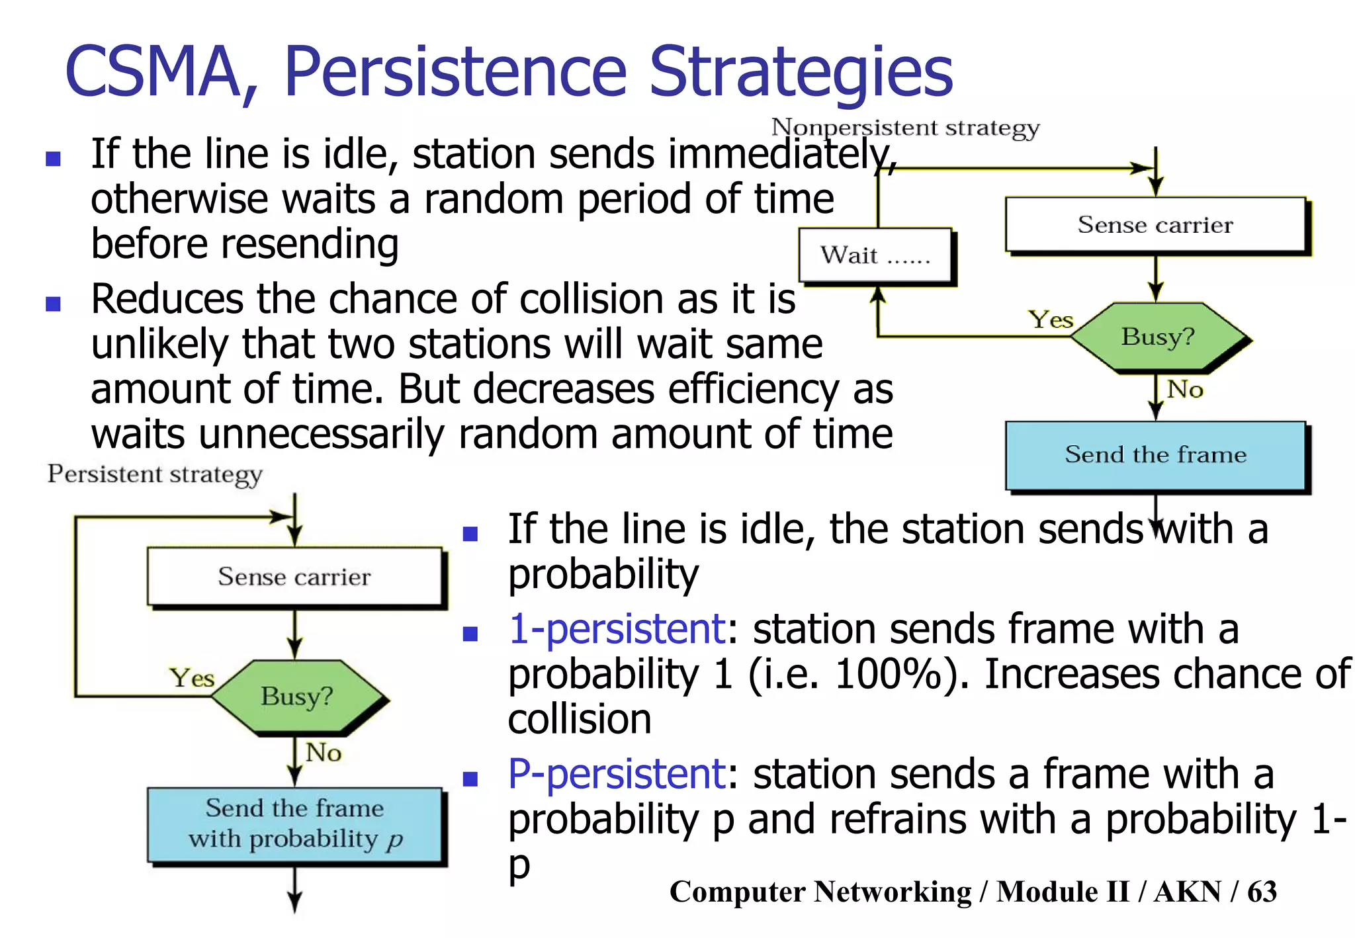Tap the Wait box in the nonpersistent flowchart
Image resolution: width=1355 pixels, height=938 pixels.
pos(875,255)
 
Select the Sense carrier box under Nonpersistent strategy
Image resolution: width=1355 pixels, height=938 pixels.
pos(1155,225)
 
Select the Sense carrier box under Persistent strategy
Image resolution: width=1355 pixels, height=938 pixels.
pos(294,577)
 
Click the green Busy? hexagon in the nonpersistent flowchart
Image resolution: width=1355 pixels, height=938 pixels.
pos(1158,337)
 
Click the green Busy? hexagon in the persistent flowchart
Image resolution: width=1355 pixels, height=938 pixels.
pos(297,697)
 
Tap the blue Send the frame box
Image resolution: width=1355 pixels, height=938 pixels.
pos(1155,455)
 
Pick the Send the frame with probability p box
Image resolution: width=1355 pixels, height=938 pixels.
pos(294,824)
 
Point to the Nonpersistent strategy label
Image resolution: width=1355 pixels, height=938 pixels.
pos(905,128)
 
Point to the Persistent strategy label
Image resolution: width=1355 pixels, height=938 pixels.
pos(155,474)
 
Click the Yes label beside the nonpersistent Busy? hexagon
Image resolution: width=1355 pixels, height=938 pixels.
pos(1050,320)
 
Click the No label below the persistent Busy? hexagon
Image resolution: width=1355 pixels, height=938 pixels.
pos(323,753)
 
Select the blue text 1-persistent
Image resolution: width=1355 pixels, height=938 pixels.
pos(617,629)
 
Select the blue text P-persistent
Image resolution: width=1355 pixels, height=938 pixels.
pos(617,774)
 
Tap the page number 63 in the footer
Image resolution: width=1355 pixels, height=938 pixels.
pos(1262,892)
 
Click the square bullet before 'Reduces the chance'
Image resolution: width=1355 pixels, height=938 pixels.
pos(53,304)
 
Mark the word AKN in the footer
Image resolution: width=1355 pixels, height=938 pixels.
pos(1187,892)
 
